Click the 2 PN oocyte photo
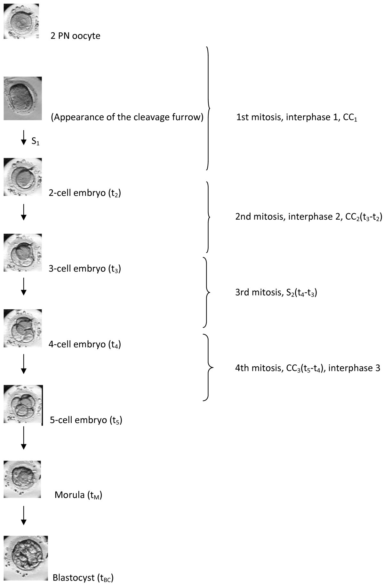21,21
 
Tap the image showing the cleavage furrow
23,98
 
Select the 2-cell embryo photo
23,176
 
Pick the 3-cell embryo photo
23,253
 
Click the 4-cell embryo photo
23,328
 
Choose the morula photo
22,479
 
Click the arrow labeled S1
23,138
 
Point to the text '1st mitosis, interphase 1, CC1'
297,118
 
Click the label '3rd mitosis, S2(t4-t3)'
276,293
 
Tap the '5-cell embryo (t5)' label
86,420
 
